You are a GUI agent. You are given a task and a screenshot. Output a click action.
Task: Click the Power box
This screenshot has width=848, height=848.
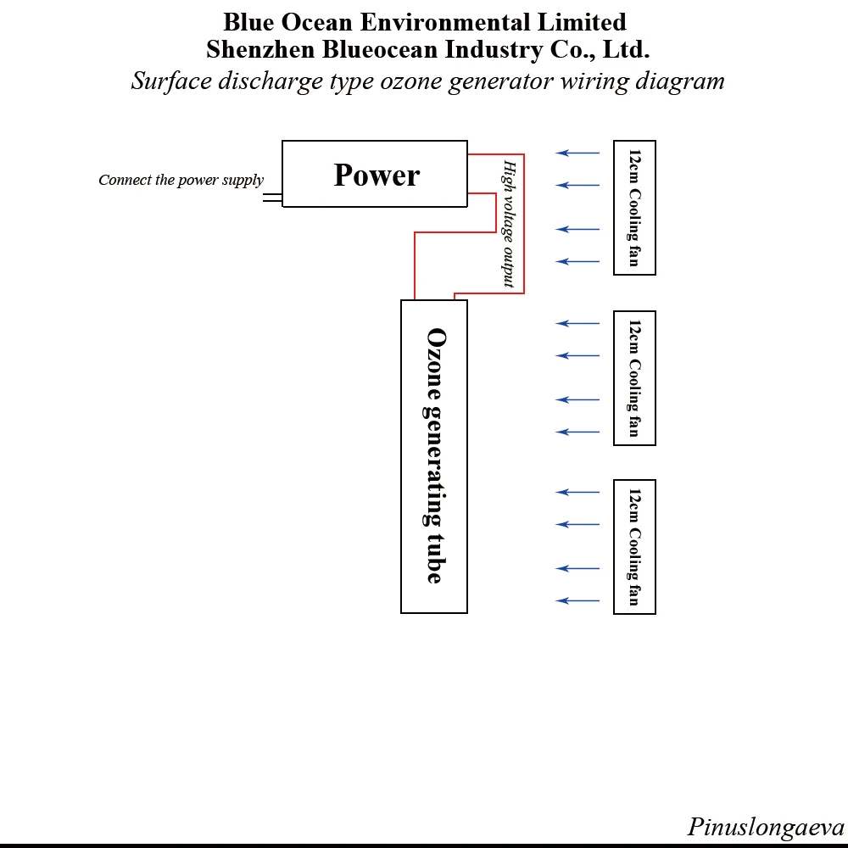click(375, 174)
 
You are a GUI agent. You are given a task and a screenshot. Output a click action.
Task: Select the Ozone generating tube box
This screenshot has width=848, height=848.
click(433, 456)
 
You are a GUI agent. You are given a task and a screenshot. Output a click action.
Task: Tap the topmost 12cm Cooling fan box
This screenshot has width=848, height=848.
click(634, 208)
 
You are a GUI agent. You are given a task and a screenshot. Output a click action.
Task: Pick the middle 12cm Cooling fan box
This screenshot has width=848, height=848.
click(634, 378)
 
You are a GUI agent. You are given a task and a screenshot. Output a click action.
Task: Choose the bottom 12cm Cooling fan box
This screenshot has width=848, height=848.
click(634, 547)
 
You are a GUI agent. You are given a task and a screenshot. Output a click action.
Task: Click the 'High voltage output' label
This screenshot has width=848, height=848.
click(509, 223)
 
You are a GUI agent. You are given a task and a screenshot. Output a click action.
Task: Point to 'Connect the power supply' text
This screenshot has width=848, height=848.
click(181, 180)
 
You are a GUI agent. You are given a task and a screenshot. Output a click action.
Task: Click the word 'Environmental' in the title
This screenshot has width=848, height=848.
click(445, 22)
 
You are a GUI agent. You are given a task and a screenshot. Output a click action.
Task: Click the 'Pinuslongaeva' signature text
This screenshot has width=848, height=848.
click(765, 826)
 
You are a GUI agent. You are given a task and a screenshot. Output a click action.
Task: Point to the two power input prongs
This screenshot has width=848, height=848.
click(272, 198)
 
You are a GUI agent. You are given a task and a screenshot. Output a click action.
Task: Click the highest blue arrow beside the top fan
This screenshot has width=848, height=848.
click(577, 153)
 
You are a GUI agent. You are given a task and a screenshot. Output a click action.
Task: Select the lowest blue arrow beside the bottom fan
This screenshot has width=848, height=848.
click(577, 601)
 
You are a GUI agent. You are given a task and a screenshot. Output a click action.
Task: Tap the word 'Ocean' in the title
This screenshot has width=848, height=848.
click(317, 22)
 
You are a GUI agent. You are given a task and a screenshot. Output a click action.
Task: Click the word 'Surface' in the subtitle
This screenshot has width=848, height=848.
click(172, 81)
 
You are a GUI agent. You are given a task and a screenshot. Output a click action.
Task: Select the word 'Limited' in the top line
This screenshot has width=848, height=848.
click(582, 22)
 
